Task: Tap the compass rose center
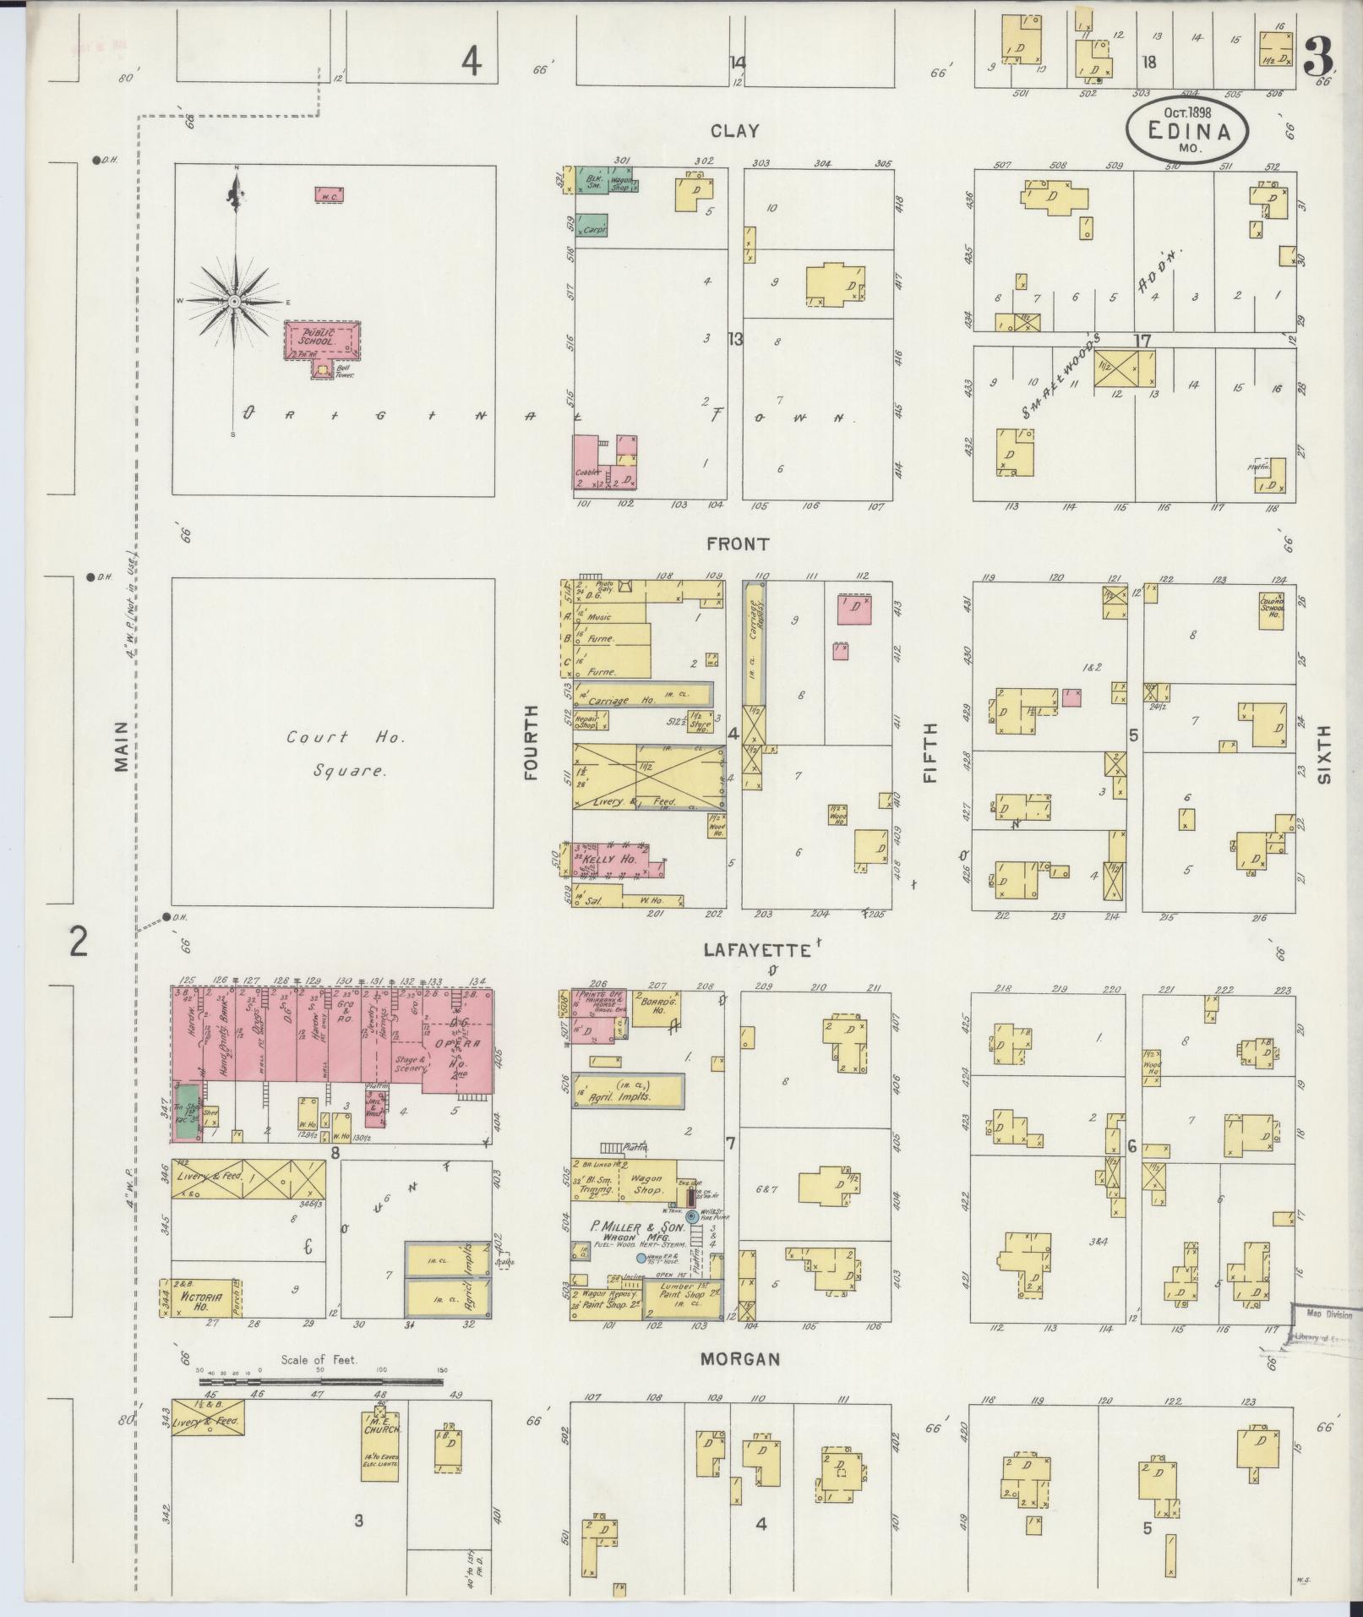pos(236,301)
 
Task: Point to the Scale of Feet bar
pos(321,1382)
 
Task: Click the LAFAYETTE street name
pos(757,951)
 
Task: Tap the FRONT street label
pos(739,544)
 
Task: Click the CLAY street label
pos(734,131)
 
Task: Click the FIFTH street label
pos(930,752)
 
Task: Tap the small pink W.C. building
pos(329,194)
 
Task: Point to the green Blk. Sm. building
pos(593,181)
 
